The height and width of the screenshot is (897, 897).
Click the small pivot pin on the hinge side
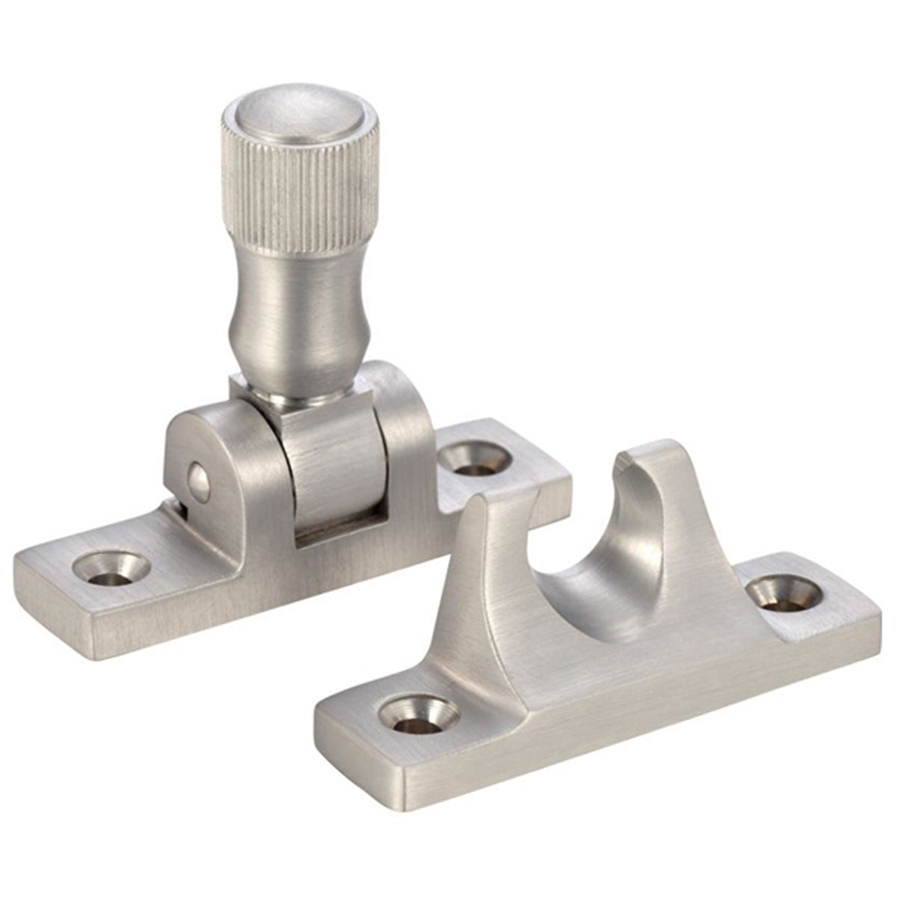click(x=197, y=475)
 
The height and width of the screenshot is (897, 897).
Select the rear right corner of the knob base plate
click(x=564, y=478)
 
